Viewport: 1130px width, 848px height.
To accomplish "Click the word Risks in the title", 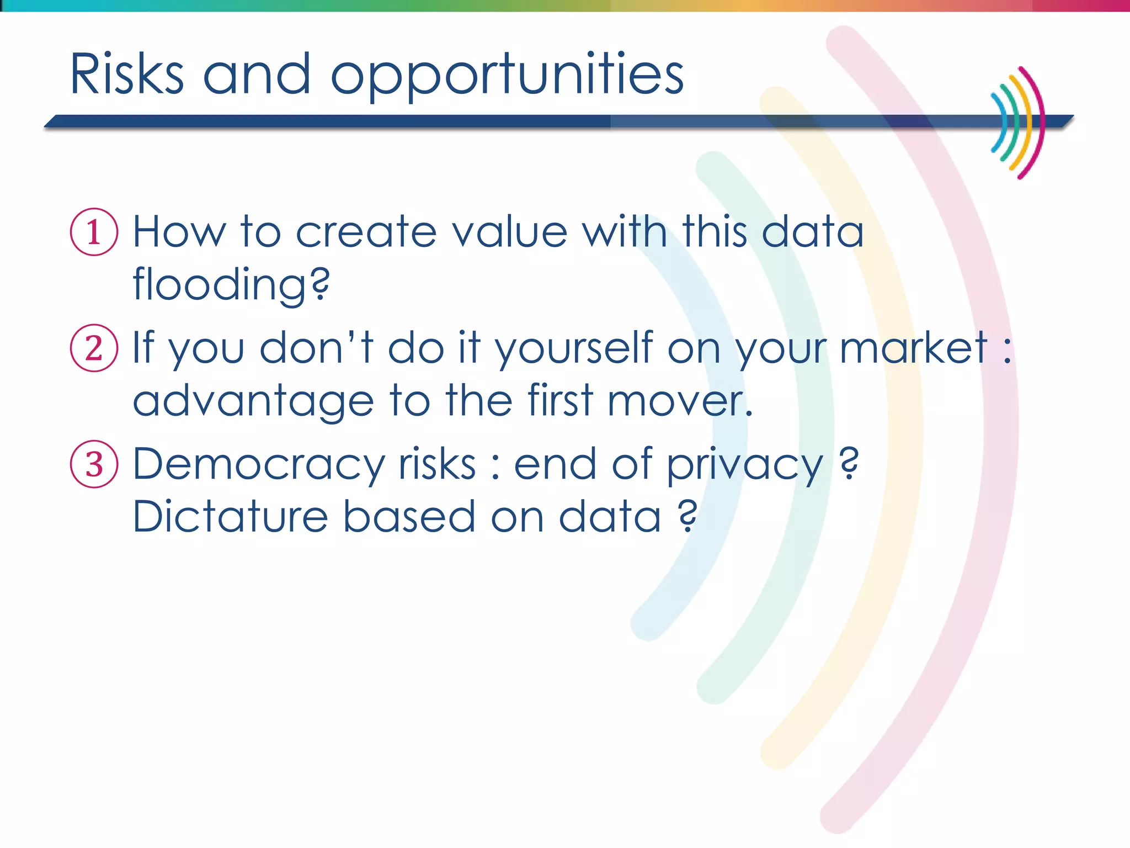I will pyautogui.click(x=127, y=75).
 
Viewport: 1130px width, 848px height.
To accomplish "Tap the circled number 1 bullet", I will pyautogui.click(x=94, y=232).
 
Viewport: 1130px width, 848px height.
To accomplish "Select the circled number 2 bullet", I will pyautogui.click(x=94, y=348).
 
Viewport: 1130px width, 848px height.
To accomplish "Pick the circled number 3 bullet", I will pyautogui.click(x=94, y=464).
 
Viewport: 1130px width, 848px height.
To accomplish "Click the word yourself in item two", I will pyautogui.click(x=574, y=349).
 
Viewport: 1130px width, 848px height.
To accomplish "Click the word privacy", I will pyautogui.click(x=745, y=466).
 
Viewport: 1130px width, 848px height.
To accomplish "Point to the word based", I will pyautogui.click(x=409, y=517).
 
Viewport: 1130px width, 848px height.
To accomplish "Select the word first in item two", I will pyautogui.click(x=560, y=400).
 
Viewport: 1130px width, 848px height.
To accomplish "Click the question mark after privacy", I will pyautogui.click(x=849, y=464).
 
